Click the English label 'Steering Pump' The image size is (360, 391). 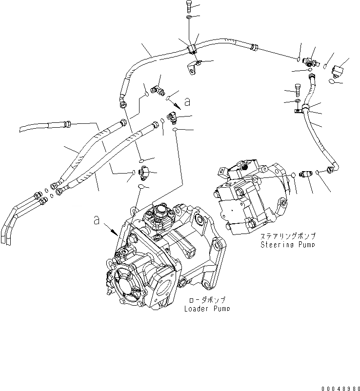(287, 244)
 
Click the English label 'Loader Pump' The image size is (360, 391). (207, 309)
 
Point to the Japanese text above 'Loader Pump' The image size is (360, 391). (207, 300)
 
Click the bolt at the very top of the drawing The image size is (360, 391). (189, 6)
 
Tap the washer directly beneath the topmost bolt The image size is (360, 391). (189, 19)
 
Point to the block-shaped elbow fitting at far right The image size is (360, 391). (338, 70)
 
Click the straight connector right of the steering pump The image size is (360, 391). (305, 175)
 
